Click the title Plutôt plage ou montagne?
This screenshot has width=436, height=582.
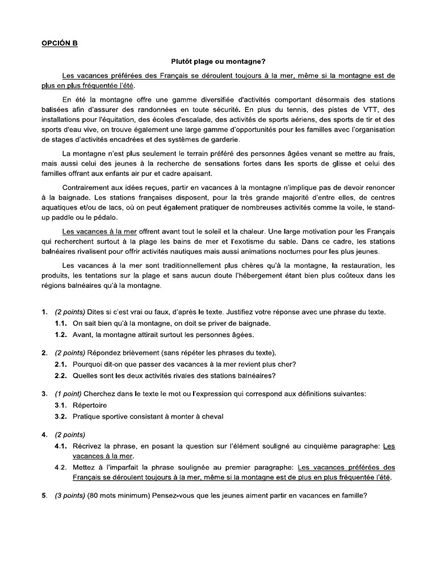(x=218, y=61)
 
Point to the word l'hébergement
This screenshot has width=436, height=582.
(x=282, y=276)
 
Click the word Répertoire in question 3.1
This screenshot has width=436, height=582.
(x=90, y=405)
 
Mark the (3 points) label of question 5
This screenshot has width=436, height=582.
(x=70, y=494)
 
